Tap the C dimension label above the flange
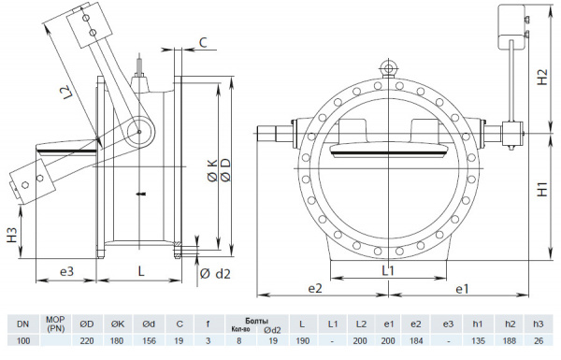coord(203,42)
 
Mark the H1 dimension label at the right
coord(543,189)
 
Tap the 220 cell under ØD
coord(86,340)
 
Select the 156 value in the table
coord(148,340)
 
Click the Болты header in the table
coord(243,319)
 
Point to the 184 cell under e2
coord(416,340)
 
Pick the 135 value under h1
coord(478,340)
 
